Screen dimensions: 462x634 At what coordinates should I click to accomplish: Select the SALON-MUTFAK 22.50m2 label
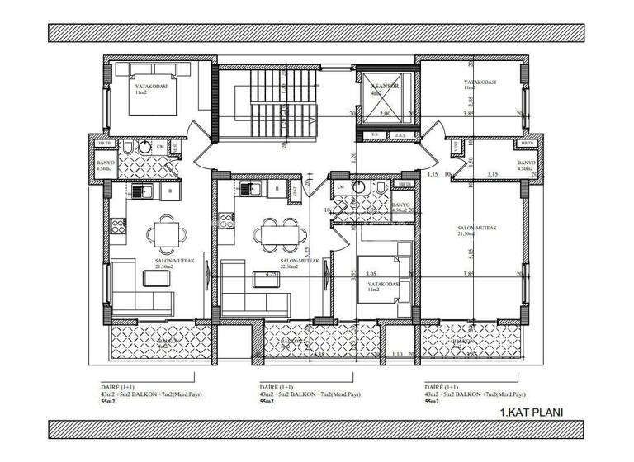(277, 263)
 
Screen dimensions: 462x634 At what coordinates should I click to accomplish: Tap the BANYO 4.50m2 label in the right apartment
(527, 166)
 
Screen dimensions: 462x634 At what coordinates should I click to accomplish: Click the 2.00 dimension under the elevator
(385, 115)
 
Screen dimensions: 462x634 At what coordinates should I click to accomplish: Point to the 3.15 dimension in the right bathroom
(493, 174)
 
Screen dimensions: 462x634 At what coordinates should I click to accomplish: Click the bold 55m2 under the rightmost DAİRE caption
(432, 402)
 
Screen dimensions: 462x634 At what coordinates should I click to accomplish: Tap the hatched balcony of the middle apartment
(319, 339)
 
